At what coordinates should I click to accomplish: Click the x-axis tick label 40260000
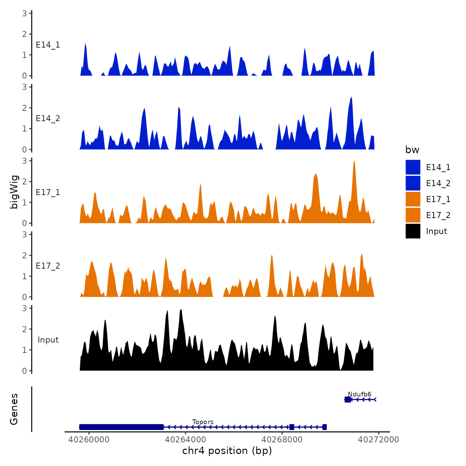tap(89, 439)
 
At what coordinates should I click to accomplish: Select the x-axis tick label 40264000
tap(185, 439)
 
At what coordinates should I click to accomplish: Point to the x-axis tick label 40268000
tap(282, 439)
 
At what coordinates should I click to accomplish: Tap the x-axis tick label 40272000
tap(378, 439)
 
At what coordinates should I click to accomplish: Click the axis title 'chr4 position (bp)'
tap(227, 451)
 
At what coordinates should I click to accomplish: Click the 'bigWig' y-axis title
tap(14, 192)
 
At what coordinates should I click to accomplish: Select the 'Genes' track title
tap(14, 409)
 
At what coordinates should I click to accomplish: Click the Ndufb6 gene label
tap(359, 394)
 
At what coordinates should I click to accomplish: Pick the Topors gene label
tap(203, 422)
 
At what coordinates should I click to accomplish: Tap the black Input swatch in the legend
tap(413, 231)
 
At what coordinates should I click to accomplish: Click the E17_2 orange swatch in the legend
tap(413, 215)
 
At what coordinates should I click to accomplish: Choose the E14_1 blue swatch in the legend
tap(413, 167)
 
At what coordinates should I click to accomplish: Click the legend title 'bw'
tap(412, 150)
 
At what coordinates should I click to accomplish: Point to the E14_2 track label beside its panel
tap(48, 118)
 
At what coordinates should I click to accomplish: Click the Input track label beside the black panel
tap(48, 340)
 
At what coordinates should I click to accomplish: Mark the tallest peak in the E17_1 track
tap(354, 162)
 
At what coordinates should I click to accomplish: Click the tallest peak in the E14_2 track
tap(351, 98)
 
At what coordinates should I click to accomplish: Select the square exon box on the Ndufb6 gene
tap(348, 399)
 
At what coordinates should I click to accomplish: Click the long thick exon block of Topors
tap(121, 427)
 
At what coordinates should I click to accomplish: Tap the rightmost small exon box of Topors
tap(325, 427)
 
